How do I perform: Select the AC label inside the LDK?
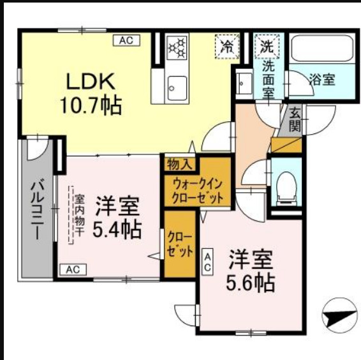pyautogui.click(x=125, y=40)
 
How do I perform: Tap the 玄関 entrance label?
pyautogui.click(x=295, y=119)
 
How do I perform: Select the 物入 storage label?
pyautogui.click(x=179, y=164)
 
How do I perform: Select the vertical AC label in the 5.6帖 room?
pyautogui.click(x=208, y=262)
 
